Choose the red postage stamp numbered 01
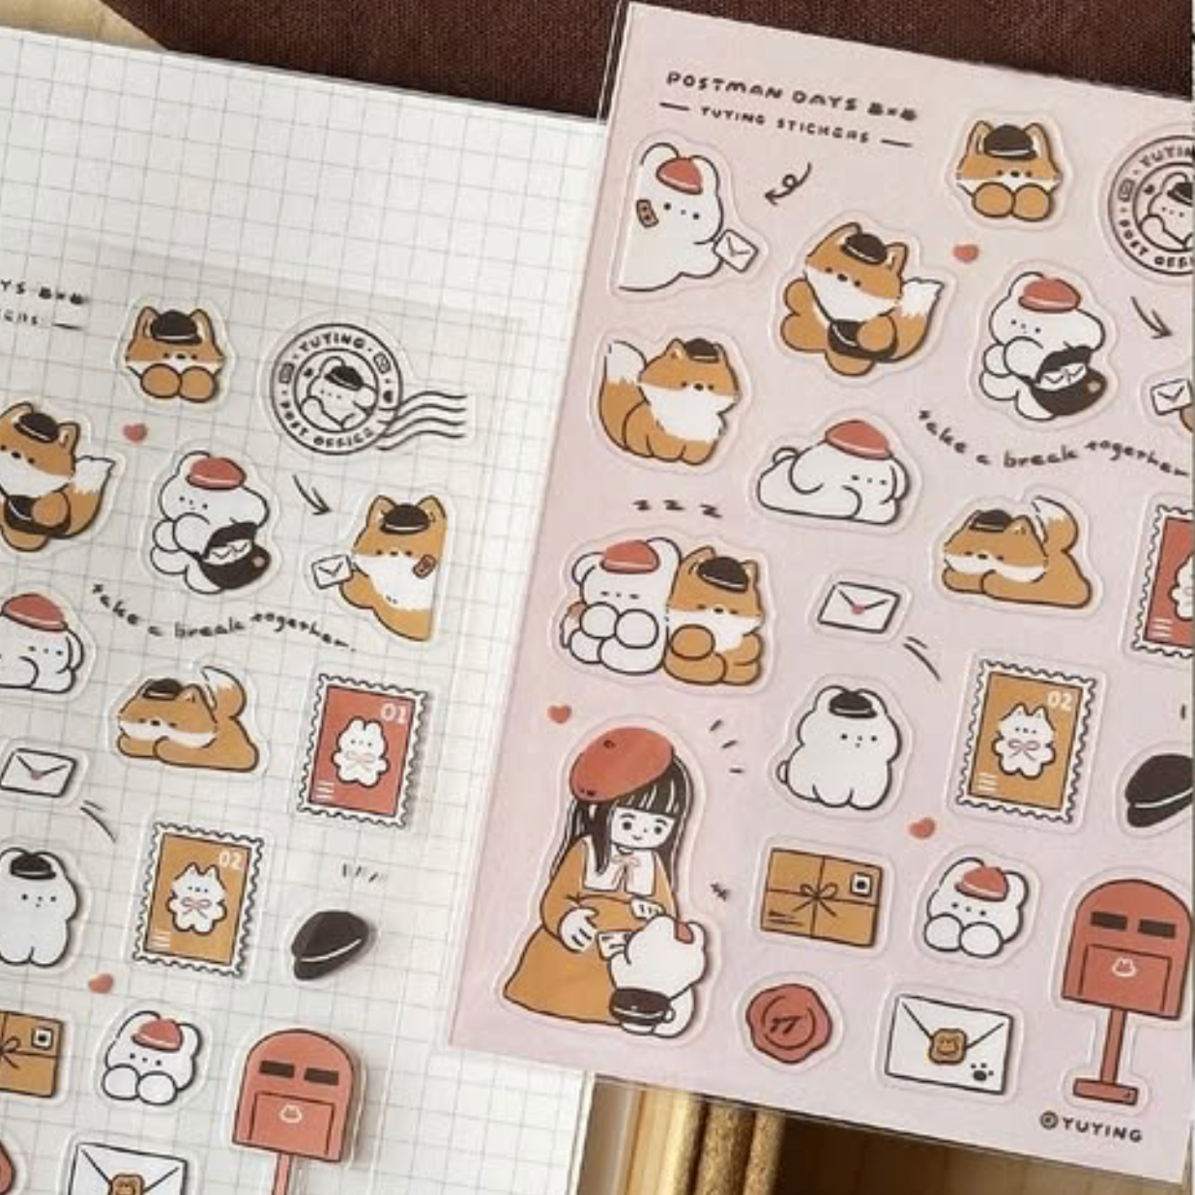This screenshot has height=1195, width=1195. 364,749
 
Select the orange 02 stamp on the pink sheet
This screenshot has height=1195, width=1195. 1027,740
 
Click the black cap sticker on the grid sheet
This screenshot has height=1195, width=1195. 330,942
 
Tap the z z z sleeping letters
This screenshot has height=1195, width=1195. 676,508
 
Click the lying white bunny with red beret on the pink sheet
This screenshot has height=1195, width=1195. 833,474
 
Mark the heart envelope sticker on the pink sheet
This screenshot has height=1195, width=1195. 859,606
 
